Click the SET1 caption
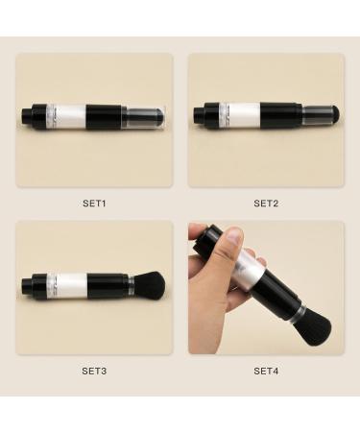(94, 203)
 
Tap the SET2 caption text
(266, 203)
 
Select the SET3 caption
(94, 370)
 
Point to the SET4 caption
(266, 370)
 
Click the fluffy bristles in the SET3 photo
(152, 284)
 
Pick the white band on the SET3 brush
(69, 284)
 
